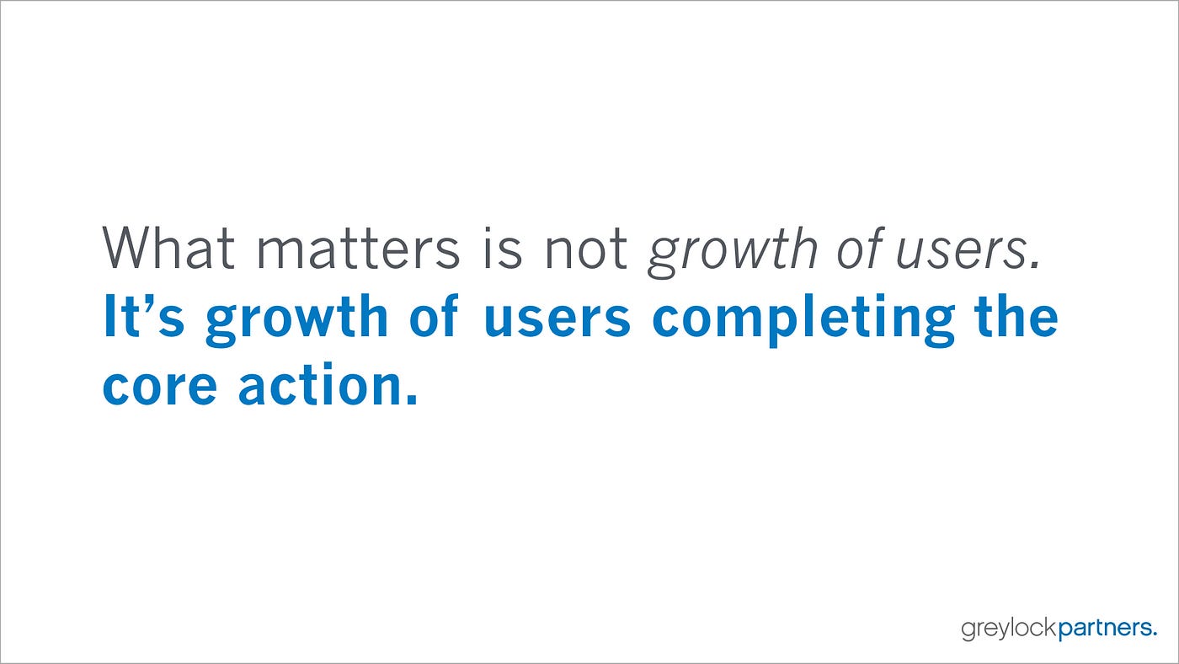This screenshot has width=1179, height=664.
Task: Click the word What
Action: pos(168,248)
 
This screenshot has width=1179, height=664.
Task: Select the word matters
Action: pos(358,249)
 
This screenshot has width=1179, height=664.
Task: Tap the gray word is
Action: pos(503,248)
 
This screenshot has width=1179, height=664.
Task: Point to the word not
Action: pos(585,249)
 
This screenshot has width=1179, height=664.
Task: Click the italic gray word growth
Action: pos(732,252)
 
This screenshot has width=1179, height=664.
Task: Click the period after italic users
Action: pos(1035,265)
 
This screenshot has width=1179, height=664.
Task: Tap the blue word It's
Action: pos(144,315)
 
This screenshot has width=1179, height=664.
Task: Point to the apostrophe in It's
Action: pos(149,303)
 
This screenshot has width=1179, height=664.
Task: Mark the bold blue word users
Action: pos(557,319)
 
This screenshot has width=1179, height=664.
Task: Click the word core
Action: pos(159,387)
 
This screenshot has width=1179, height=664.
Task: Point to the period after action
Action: pos(412,399)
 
